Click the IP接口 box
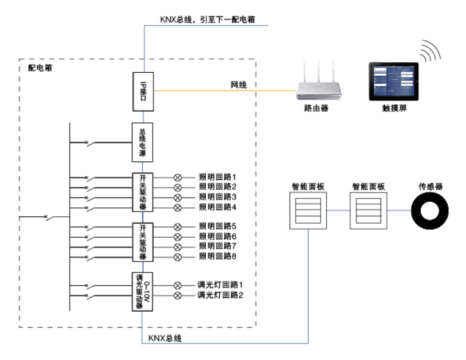coord(142,92)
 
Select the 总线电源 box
coord(142,142)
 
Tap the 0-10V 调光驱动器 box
coord(142,291)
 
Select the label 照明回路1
coord(217,176)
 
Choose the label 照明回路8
coord(217,256)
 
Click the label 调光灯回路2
coord(220,295)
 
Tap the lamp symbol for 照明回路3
coord(178,197)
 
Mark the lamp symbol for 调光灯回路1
coord(178,285)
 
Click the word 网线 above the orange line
coord(238,85)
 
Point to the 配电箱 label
coord(40,68)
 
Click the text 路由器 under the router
coord(316,109)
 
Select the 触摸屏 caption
coord(395,109)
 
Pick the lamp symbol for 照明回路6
coord(178,236)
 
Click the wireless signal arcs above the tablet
coord(429,53)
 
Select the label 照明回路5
coord(217,226)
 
